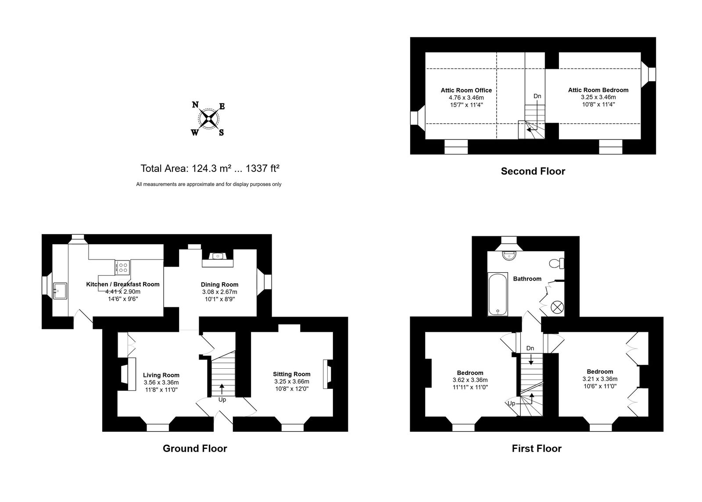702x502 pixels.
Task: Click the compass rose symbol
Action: pos(208,119)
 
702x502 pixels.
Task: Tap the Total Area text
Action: pos(210,168)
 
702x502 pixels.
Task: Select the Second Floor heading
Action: pos(533,171)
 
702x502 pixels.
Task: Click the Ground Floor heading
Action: pos(195,449)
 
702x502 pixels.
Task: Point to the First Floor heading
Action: pos(537,449)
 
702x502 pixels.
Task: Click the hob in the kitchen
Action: pos(122,267)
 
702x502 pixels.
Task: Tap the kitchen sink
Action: pos(60,291)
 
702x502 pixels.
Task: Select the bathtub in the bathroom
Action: pos(498,294)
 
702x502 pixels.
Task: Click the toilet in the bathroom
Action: pos(557,263)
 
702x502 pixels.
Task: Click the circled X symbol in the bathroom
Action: pos(557,307)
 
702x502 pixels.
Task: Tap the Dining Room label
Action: pos(219,285)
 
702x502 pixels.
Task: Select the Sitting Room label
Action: pos(291,374)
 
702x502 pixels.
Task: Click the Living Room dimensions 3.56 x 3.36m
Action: pos(161,382)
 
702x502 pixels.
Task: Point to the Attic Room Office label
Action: pos(466,90)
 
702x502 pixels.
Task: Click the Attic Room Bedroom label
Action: pos(598,90)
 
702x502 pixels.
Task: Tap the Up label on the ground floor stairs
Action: pos(222,400)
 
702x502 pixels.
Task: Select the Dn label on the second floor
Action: pos(537,96)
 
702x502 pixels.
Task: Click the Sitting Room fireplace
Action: pos(327,374)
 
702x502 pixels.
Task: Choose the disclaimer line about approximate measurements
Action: pos(209,185)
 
